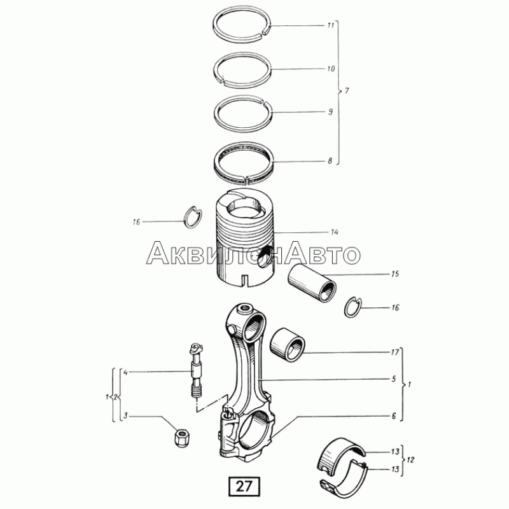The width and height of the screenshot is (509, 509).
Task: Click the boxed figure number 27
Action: [x=244, y=486]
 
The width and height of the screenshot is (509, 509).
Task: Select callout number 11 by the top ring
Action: [x=330, y=25]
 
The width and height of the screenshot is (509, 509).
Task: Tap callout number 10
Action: [x=331, y=69]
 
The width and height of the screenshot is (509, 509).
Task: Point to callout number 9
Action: [x=330, y=112]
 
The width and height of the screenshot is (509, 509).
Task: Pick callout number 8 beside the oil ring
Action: [x=330, y=161]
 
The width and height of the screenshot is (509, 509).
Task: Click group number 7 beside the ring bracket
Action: [x=347, y=90]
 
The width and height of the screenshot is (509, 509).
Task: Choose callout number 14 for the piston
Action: [x=335, y=232]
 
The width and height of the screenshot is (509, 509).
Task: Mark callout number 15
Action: [x=394, y=274]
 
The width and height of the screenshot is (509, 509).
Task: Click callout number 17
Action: [x=394, y=352]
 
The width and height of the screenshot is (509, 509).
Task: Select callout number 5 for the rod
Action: [x=394, y=379]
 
